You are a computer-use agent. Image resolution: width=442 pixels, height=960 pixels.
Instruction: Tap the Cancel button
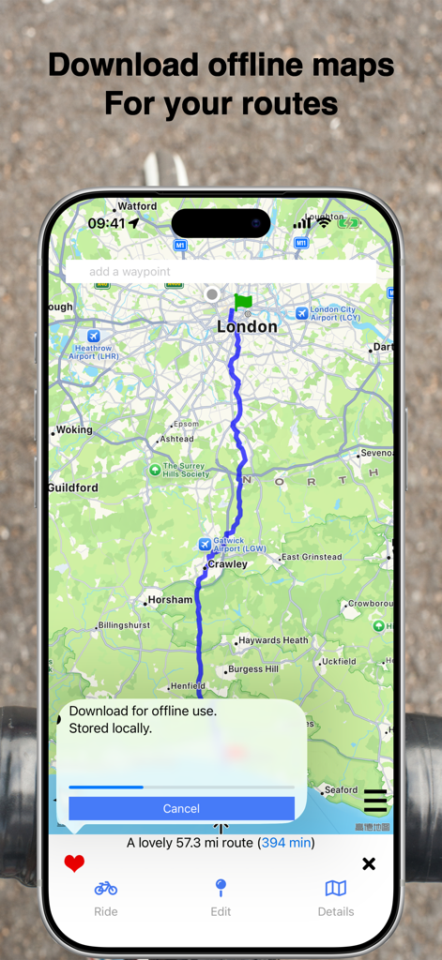click(181, 808)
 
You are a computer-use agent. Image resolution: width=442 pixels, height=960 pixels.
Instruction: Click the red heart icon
click(74, 863)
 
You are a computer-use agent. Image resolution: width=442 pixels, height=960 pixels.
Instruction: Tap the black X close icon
click(369, 863)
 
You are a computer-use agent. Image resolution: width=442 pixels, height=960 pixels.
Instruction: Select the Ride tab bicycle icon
click(106, 888)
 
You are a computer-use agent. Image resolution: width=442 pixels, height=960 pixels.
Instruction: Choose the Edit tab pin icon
click(221, 888)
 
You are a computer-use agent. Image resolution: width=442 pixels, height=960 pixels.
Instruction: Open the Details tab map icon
click(335, 888)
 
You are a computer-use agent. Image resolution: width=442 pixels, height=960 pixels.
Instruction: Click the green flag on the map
click(243, 302)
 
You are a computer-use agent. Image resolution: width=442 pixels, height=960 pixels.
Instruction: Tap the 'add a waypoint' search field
click(221, 272)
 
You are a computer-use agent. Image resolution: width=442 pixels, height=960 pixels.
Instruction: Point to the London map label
click(247, 327)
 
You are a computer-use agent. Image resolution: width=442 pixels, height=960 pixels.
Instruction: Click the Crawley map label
click(228, 564)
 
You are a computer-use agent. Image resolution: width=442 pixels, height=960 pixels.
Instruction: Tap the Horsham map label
click(170, 600)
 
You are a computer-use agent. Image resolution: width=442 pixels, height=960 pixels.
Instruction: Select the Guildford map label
click(73, 488)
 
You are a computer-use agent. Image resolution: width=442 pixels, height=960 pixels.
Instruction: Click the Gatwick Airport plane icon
click(205, 545)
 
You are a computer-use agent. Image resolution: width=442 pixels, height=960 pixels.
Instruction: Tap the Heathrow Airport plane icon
click(93, 336)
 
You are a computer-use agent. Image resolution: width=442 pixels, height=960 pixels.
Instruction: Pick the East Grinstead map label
click(312, 558)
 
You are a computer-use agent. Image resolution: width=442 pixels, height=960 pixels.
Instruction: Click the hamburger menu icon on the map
click(374, 802)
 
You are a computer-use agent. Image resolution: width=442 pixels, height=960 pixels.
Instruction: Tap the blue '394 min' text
click(287, 843)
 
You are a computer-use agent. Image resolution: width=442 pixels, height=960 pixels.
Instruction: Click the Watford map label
click(137, 206)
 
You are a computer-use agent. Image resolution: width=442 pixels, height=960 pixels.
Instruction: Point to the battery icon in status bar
click(348, 223)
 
